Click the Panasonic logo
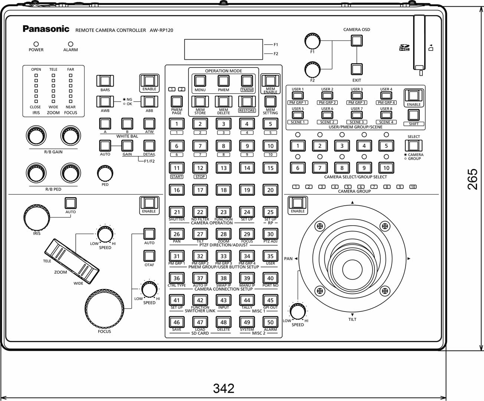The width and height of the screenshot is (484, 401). point(46,29)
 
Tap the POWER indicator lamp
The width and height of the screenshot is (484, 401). point(36,44)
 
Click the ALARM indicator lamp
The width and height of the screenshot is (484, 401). point(71,44)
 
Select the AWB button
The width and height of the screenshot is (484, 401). point(105,101)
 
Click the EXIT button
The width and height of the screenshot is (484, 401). point(356,69)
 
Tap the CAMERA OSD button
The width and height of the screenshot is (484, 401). point(356,40)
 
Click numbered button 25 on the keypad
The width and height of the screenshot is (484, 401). point(270,212)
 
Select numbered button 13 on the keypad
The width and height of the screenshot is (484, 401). point(223,168)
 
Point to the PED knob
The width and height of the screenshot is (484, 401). point(105,173)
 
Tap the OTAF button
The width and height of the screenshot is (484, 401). point(149,256)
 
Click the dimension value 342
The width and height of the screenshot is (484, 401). point(223,388)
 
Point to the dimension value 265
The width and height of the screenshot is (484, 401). point(472,179)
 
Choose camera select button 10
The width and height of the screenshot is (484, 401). point(386,168)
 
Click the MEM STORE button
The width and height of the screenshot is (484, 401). point(200,101)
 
